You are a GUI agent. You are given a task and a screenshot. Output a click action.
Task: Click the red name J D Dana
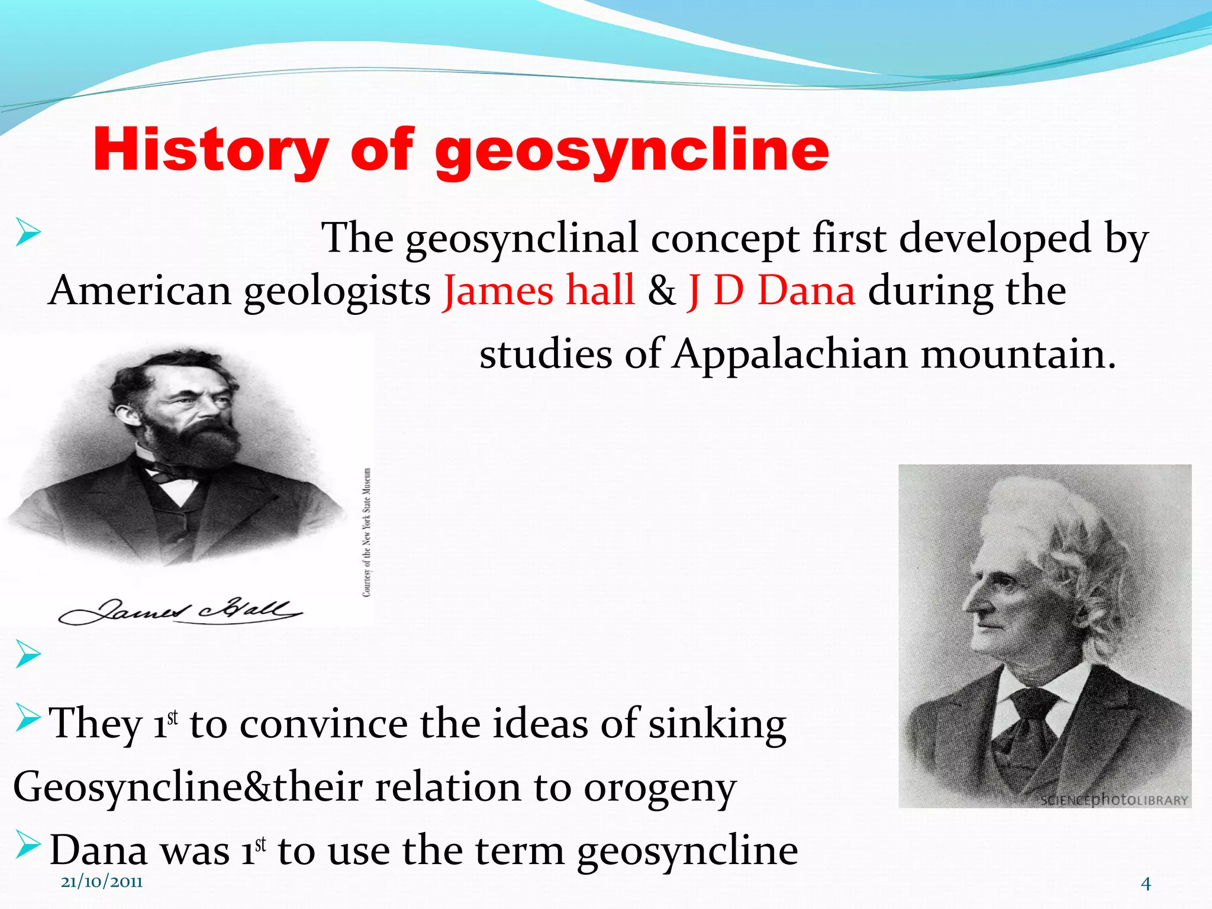coord(771,291)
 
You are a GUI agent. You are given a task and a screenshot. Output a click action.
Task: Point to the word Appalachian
coord(789,354)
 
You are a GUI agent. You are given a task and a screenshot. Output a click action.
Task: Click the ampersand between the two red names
coord(661,291)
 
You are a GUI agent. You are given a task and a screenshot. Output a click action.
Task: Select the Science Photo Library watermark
coord(1114,800)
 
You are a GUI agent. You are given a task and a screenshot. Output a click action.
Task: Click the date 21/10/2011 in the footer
coord(102,882)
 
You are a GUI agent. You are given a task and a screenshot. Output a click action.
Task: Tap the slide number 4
coord(1146,884)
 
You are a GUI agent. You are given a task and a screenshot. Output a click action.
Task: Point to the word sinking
coord(717,723)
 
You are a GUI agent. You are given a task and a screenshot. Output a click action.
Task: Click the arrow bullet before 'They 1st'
coord(28,717)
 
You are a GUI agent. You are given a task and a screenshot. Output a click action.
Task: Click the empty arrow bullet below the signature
coord(28,654)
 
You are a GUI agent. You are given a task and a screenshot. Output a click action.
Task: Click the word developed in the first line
coord(994,238)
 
